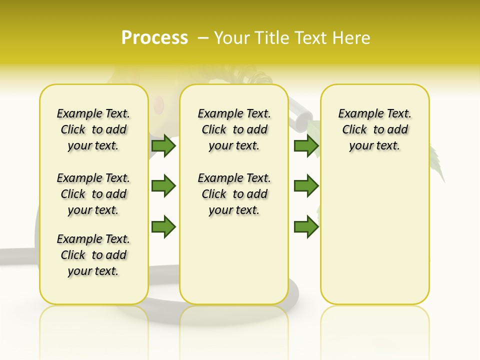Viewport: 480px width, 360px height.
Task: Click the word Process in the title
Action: pos(154,38)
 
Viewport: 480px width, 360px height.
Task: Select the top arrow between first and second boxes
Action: pos(163,146)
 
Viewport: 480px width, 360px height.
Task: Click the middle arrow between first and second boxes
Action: pos(163,186)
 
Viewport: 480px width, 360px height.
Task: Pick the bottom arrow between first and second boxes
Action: pos(163,227)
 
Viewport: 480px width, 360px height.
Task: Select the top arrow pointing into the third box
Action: pos(306,146)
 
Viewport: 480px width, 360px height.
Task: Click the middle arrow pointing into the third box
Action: pos(306,186)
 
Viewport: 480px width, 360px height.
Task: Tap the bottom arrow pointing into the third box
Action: pos(306,227)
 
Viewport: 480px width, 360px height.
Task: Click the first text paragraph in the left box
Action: pos(93,129)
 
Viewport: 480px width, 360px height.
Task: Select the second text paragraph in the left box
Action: pos(93,194)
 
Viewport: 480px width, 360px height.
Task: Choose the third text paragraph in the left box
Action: pos(93,255)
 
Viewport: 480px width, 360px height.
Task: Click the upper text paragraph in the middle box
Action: pos(234,129)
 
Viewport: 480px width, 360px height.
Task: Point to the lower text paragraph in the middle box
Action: pos(234,194)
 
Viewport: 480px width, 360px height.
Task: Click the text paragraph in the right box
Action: pos(375,129)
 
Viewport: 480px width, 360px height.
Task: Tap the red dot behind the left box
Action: pos(159,104)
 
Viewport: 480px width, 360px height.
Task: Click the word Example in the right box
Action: pos(356,114)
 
